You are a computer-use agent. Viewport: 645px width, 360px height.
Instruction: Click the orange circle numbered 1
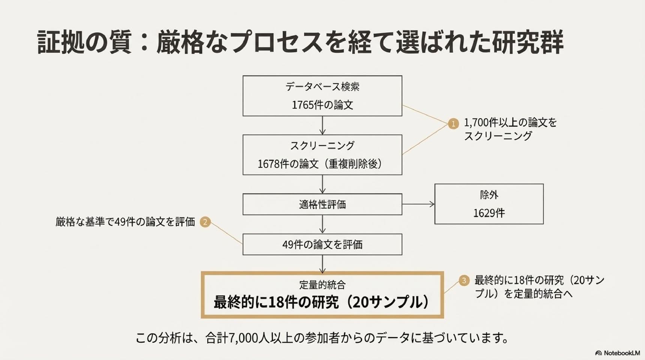click(453, 123)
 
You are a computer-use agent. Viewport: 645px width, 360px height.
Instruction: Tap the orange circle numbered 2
click(205, 222)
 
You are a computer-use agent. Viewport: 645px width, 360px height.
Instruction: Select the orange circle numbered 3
click(464, 280)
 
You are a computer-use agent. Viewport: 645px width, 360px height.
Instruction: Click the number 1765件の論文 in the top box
click(322, 105)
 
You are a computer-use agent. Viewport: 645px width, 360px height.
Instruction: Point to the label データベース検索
click(322, 87)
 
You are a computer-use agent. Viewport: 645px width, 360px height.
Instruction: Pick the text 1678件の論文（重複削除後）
click(319, 164)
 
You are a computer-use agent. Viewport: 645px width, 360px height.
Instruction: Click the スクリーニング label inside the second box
click(322, 145)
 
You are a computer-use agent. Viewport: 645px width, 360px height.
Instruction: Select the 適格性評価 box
click(322, 204)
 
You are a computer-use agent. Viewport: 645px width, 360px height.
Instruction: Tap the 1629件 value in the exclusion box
click(489, 213)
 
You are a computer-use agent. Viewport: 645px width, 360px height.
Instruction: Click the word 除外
click(489, 195)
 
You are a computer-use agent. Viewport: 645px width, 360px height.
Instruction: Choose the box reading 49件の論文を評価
click(322, 244)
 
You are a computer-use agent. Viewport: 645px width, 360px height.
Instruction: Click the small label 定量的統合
click(322, 285)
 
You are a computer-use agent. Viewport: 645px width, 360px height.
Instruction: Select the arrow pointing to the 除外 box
click(418, 204)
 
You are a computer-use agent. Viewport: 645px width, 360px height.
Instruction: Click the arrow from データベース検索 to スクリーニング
click(322, 125)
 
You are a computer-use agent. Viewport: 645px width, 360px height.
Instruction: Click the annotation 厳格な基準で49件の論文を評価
click(125, 222)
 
